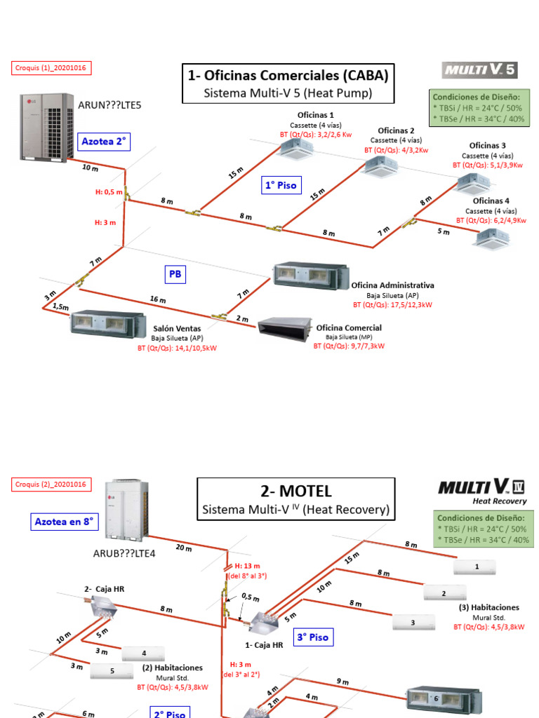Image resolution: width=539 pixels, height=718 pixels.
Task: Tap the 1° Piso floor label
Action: [x=281, y=186]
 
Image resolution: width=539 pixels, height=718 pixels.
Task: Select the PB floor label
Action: [x=175, y=274]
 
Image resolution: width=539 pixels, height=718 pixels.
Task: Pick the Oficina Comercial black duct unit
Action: [x=285, y=330]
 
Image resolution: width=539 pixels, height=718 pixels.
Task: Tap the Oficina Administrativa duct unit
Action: [x=310, y=274]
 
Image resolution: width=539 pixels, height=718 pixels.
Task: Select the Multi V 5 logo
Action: [x=479, y=70]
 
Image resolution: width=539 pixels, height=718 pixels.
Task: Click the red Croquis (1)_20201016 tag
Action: [x=52, y=68]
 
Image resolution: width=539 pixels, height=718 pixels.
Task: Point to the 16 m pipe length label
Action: [x=157, y=300]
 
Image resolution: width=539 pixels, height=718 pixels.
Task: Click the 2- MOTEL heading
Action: [x=295, y=491]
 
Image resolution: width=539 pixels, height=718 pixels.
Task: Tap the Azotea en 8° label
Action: [x=65, y=522]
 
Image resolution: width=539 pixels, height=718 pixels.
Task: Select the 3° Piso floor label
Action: [x=313, y=637]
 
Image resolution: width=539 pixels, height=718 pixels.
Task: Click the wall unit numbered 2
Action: [x=444, y=594]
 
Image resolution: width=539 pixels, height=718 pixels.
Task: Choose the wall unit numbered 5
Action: [x=110, y=670]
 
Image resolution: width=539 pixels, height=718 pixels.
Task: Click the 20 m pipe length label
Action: [x=184, y=548]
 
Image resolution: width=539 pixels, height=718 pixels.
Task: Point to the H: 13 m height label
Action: [x=248, y=566]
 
